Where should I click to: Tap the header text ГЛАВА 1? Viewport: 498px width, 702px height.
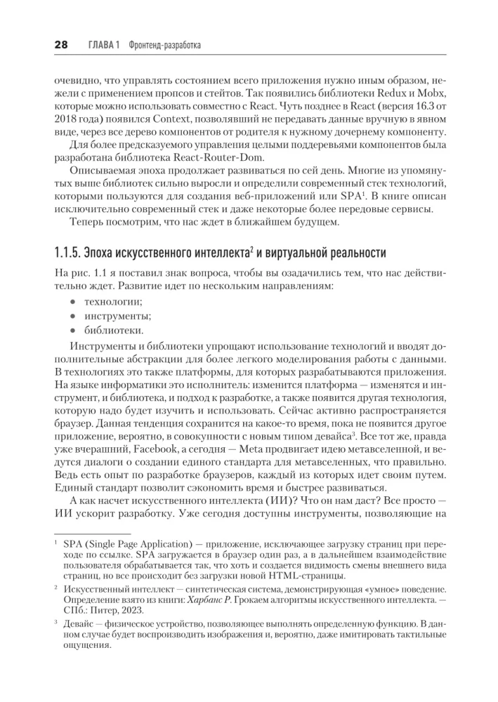[x=103, y=45]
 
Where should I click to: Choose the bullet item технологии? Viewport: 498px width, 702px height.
[x=113, y=301]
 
